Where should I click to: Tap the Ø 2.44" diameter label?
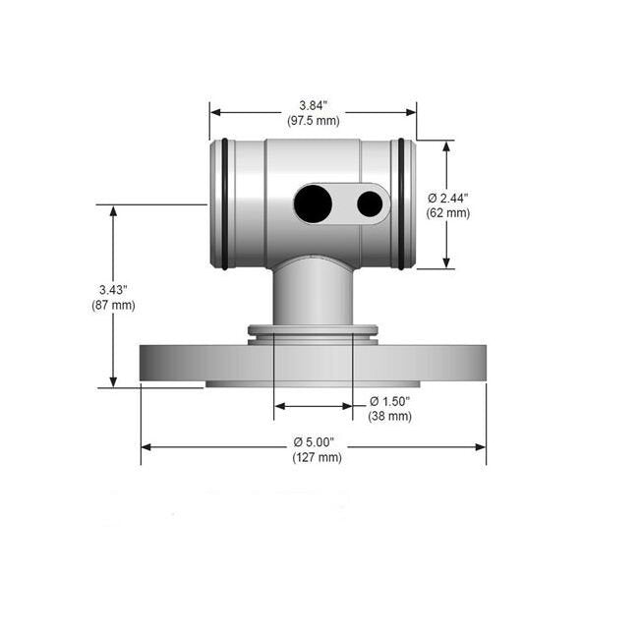pos(448,199)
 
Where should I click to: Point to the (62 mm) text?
pos(448,212)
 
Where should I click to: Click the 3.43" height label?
pos(113,290)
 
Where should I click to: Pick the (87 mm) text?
pos(113,305)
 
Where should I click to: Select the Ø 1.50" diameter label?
pos(390,402)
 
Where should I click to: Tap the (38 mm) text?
pos(390,416)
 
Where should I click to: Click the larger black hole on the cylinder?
pos(313,203)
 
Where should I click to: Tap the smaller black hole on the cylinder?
pos(370,203)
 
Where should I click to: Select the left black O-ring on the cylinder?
pos(225,203)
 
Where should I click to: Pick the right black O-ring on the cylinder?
pos(400,203)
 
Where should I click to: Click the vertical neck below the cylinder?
pos(313,295)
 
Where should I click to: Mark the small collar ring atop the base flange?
pos(313,331)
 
